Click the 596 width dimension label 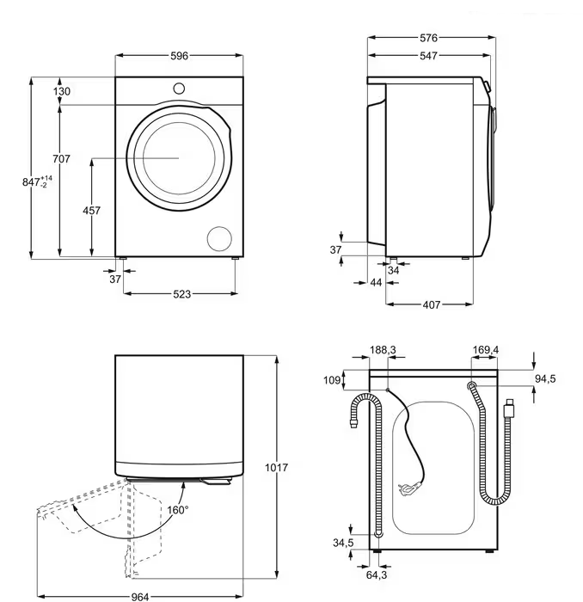coord(179,56)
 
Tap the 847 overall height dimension coord(37,181)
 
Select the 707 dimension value coord(61,158)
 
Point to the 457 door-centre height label coord(92,211)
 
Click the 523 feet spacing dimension coord(181,294)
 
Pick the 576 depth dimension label coord(428,38)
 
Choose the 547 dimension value coord(428,56)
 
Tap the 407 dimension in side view coord(432,304)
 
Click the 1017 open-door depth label coord(276,468)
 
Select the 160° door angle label coord(178,510)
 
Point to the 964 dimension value coord(140,597)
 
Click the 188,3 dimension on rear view coord(383,350)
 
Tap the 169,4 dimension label coord(486,350)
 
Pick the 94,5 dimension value coord(545,379)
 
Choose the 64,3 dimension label coord(377,574)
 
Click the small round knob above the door coord(179,89)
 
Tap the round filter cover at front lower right coord(219,238)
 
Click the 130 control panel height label coord(61,91)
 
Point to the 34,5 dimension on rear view coord(343,543)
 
